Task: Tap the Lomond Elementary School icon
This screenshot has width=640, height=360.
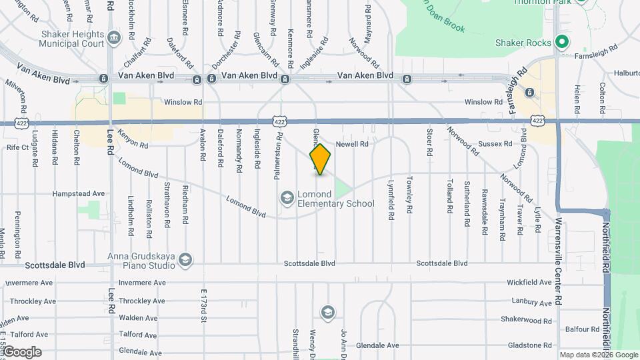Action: click(287, 197)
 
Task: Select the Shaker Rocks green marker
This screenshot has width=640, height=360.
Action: click(561, 43)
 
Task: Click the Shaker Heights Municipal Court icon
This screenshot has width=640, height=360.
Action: click(114, 37)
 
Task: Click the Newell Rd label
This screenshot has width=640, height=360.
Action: click(351, 143)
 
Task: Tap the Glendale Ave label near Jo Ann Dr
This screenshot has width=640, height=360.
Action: click(377, 345)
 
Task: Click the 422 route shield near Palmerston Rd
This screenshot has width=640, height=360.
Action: click(279, 121)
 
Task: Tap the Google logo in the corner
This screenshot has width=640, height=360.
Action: click(22, 352)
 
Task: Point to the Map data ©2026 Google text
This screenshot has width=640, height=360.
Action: click(599, 355)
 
